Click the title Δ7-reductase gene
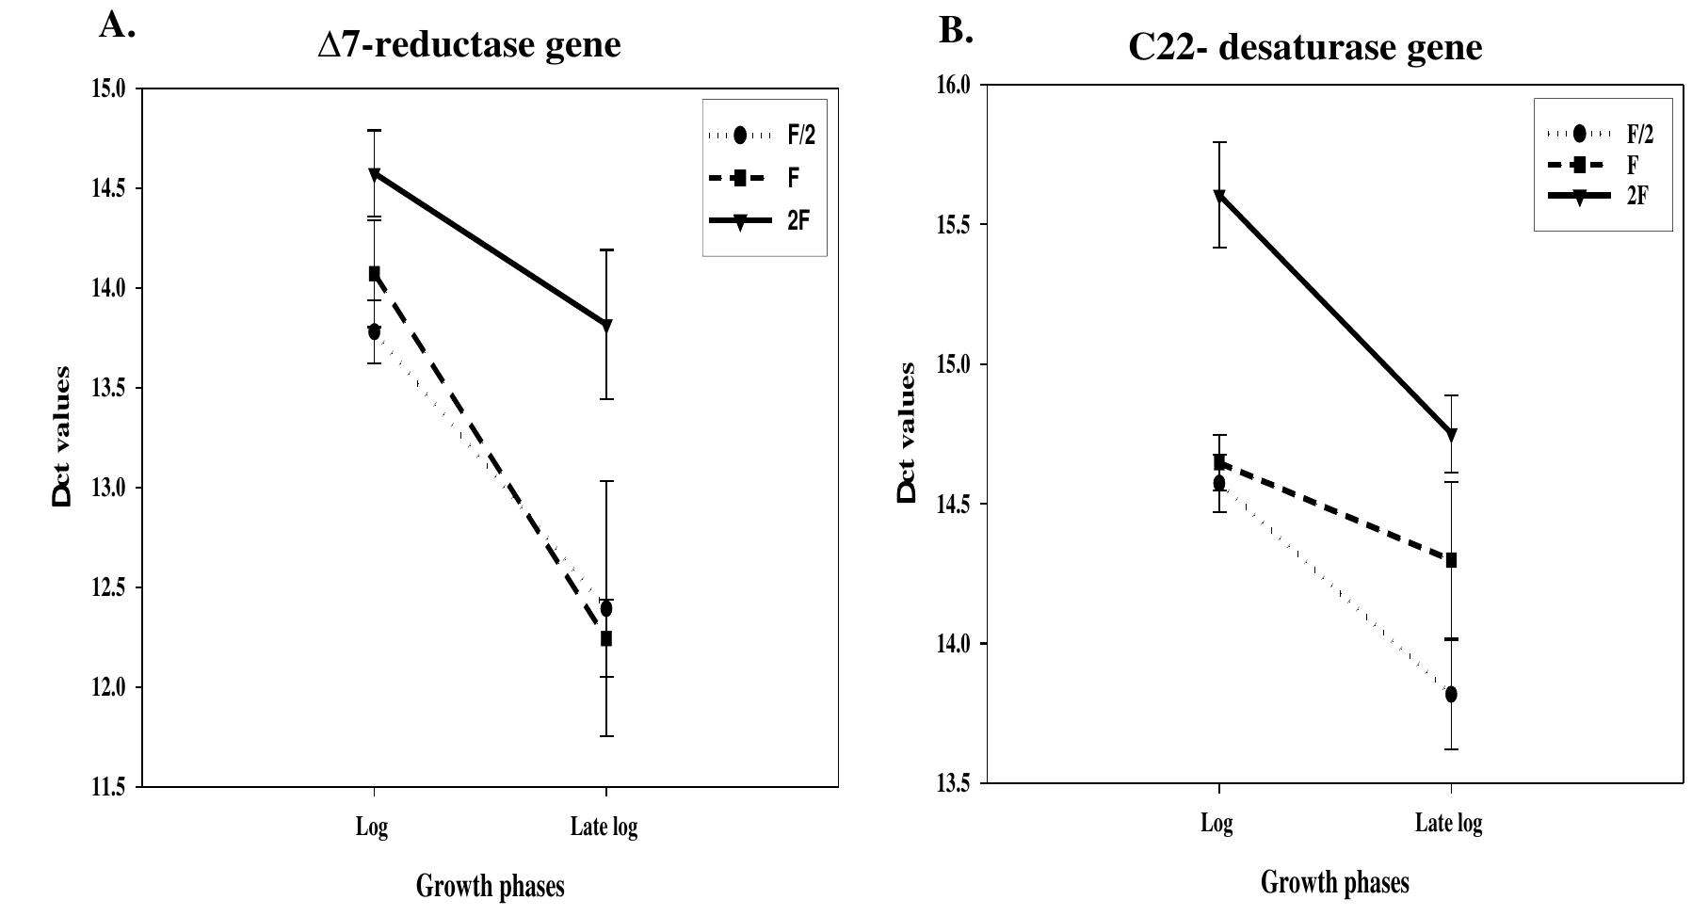click(x=469, y=44)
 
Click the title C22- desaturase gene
click(x=1305, y=46)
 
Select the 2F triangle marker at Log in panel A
click(x=375, y=174)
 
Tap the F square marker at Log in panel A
click(x=375, y=273)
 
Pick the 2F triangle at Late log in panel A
click(x=606, y=326)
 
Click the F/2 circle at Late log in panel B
click(x=1451, y=695)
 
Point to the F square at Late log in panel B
click(x=1451, y=560)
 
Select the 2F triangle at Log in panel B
click(x=1219, y=196)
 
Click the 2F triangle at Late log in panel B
click(x=1451, y=435)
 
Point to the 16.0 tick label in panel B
click(x=954, y=86)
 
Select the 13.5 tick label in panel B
click(x=954, y=783)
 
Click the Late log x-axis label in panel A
click(x=604, y=828)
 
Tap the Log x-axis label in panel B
click(x=1217, y=824)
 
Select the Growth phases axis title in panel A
click(x=490, y=886)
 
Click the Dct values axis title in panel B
click(x=906, y=433)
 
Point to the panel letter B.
click(x=956, y=31)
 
